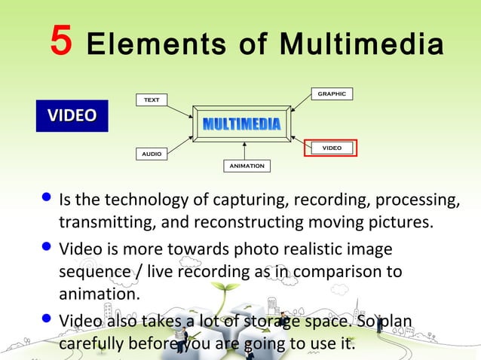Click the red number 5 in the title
[61, 41]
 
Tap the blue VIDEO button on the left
[72, 116]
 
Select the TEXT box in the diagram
[152, 99]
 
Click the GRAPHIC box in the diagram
[332, 94]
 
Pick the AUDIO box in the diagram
[152, 154]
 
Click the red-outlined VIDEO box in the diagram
[331, 148]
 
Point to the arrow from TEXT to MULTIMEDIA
[179, 111]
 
